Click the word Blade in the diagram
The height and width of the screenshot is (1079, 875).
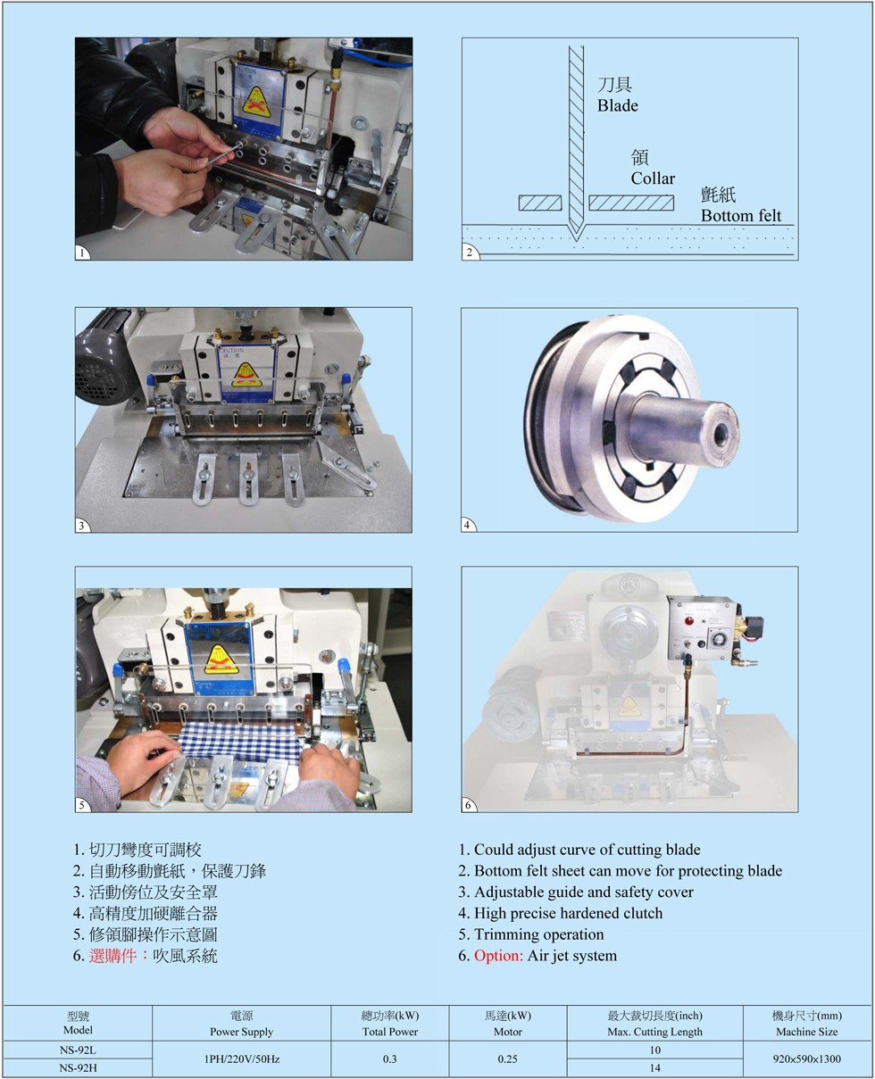[x=617, y=105]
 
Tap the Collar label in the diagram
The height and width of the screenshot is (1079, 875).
[x=653, y=178]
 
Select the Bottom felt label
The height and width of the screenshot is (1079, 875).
[x=741, y=216]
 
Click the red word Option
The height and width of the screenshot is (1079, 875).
[x=498, y=956]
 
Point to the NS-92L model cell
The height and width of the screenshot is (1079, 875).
[x=78, y=1050]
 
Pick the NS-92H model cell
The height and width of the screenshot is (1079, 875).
[x=78, y=1067]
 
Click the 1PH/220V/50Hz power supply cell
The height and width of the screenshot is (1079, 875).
[x=242, y=1058]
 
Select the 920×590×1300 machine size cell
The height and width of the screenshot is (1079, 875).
[x=806, y=1058]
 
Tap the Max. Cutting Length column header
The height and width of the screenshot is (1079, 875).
[x=654, y=1032]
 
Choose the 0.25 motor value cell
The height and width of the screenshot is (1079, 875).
[x=508, y=1058]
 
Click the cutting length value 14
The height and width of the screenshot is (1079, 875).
[x=654, y=1068]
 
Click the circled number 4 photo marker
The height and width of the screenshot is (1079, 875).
[x=467, y=525]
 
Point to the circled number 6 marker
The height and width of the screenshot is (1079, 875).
[x=468, y=805]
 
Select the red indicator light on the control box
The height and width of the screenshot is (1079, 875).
[x=689, y=620]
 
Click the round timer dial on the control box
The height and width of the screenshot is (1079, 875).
[x=717, y=638]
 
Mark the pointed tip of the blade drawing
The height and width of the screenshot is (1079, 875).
[x=576, y=242]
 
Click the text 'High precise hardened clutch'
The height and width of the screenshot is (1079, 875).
[x=568, y=913]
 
